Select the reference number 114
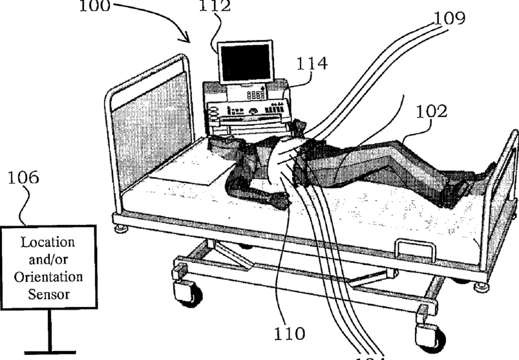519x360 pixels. click(x=312, y=63)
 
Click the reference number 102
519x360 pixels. click(x=431, y=111)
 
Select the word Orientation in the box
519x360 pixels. click(x=48, y=277)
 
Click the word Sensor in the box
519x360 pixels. click(x=48, y=294)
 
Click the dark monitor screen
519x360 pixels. click(x=244, y=63)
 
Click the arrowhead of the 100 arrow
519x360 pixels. click(x=189, y=41)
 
